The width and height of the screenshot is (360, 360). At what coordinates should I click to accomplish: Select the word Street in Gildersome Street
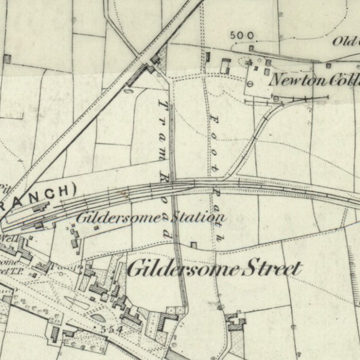tap(272, 269)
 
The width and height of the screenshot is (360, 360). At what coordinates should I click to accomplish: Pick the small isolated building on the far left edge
tap(7, 58)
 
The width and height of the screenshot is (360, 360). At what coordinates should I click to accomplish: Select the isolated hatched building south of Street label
tap(235, 320)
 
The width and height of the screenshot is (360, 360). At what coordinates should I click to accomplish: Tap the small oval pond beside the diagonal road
tap(129, 90)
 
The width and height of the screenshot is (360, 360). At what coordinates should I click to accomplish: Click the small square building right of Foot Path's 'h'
tap(193, 245)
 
